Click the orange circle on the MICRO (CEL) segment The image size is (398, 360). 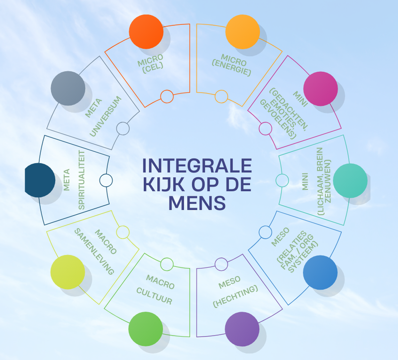(x=146, y=32)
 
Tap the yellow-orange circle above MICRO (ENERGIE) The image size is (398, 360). (x=242, y=32)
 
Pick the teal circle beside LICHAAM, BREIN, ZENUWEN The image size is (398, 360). (x=350, y=180)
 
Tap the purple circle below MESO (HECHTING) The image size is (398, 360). (x=242, y=329)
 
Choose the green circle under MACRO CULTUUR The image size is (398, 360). (x=145, y=329)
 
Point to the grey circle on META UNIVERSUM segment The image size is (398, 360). (x=68, y=88)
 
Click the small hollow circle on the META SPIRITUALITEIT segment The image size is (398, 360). (x=106, y=180)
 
